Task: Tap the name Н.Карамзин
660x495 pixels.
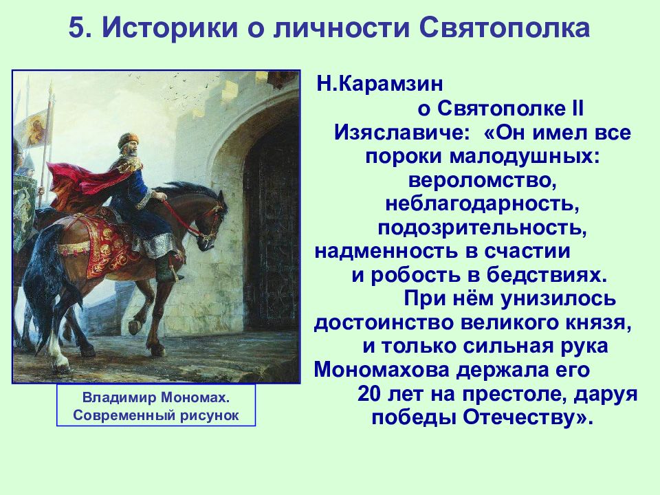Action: [x=379, y=84]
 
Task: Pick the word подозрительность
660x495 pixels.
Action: [x=483, y=228]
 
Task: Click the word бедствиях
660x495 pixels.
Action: [x=547, y=276]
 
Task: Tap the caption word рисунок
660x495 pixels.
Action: [x=210, y=416]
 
